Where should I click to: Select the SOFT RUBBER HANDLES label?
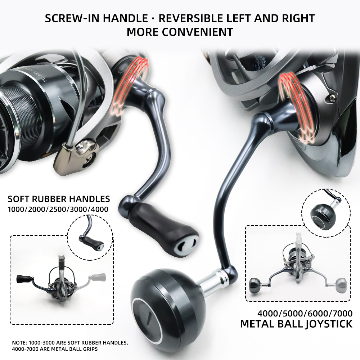click(59, 199)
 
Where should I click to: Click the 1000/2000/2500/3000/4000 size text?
click(59, 209)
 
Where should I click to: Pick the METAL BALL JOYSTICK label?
click(296, 324)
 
